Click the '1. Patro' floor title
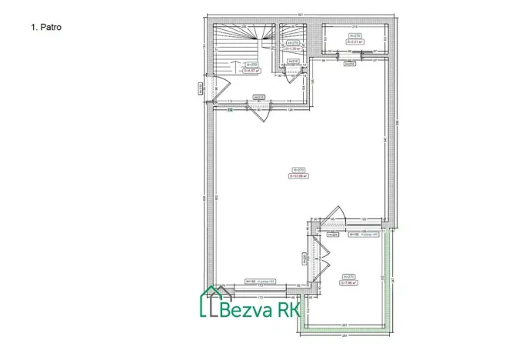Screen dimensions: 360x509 (45, 26)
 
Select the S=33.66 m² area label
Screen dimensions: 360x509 (298, 175)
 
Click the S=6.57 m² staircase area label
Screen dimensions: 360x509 (251, 69)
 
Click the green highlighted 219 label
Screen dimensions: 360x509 (230, 110)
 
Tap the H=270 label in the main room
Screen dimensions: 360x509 (298, 170)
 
